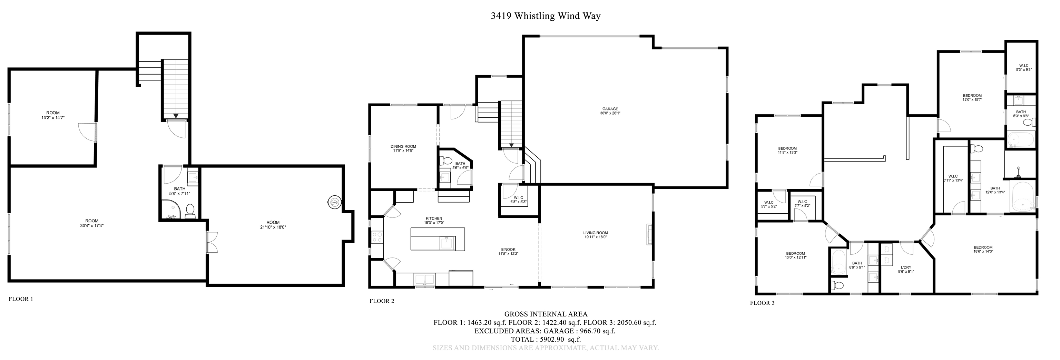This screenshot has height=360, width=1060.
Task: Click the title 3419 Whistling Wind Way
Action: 546,16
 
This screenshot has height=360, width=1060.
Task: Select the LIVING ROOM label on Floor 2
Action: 596,234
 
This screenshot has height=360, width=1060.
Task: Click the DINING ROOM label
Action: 403,148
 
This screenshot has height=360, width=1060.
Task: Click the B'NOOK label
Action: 508,251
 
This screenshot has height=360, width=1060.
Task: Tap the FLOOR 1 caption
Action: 21,299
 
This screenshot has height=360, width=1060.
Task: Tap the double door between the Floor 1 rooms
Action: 212,242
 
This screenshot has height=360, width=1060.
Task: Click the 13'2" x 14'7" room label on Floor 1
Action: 53,115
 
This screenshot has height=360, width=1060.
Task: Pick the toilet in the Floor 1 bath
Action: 190,212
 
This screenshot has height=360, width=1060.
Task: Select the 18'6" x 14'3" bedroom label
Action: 983,249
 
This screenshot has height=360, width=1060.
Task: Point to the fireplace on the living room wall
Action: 649,234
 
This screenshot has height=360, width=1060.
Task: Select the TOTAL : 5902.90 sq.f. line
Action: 546,339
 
